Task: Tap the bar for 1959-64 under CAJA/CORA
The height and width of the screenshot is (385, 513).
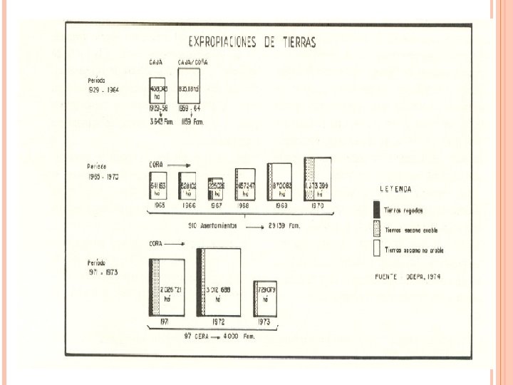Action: click(x=188, y=86)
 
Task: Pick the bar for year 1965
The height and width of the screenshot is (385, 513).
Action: click(x=158, y=187)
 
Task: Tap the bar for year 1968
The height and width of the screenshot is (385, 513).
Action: click(x=245, y=185)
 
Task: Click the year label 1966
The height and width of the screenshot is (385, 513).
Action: click(x=187, y=205)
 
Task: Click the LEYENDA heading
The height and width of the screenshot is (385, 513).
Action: click(x=395, y=190)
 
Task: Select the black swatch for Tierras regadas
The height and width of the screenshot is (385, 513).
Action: click(x=375, y=210)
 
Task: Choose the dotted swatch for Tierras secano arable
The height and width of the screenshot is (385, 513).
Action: click(x=375, y=230)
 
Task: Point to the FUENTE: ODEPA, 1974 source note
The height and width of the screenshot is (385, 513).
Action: click(x=408, y=275)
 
